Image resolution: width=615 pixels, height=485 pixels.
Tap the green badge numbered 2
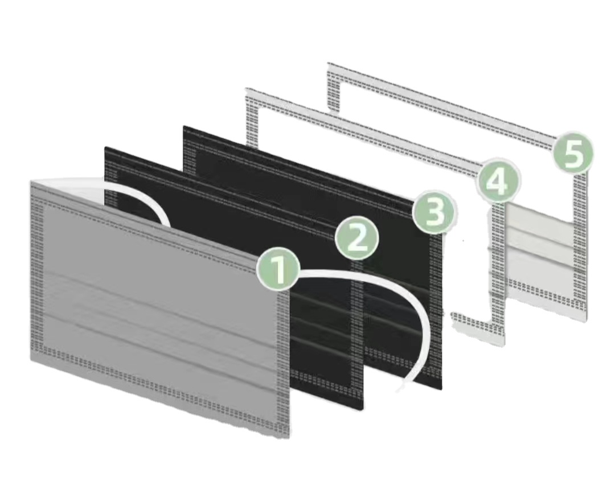coord(357,239)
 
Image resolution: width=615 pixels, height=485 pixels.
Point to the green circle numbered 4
coord(498,182)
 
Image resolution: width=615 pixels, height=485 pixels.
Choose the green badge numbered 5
coord(573,152)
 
